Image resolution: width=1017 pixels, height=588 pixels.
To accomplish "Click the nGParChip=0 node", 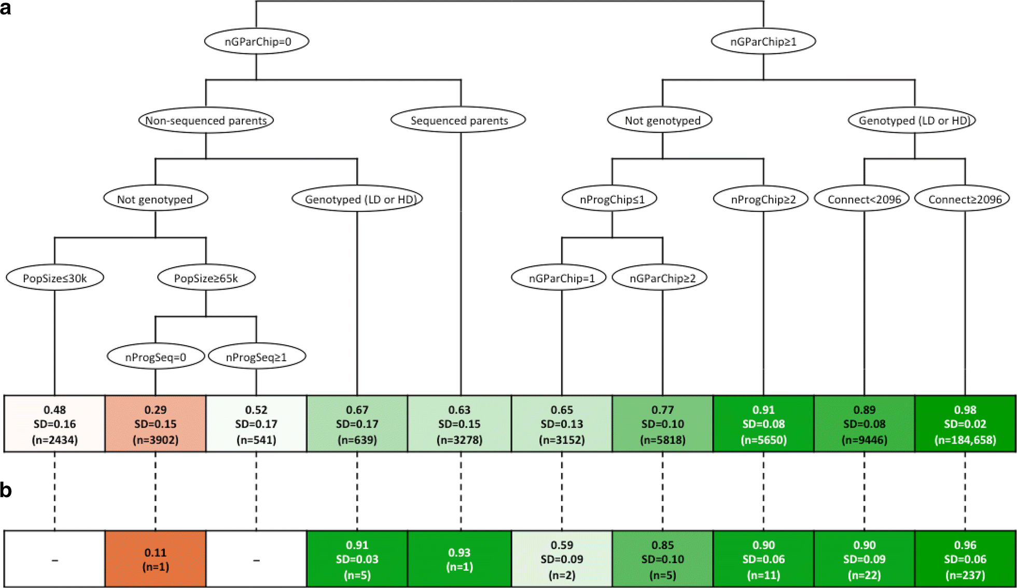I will pyautogui.click(x=257, y=42).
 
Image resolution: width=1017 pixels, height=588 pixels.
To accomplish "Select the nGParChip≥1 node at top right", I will pyautogui.click(x=763, y=42).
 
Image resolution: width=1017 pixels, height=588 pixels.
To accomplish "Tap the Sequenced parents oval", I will pyautogui.click(x=458, y=120).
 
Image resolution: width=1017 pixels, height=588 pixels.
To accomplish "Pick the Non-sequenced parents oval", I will pyautogui.click(x=206, y=120).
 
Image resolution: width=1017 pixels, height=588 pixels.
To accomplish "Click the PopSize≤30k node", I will pyautogui.click(x=54, y=278).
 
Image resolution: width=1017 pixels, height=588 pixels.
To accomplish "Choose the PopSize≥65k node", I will pyautogui.click(x=206, y=278).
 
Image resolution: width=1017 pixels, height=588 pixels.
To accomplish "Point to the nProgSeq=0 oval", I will pyautogui.click(x=155, y=357).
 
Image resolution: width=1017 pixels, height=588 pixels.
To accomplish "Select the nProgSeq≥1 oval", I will pyautogui.click(x=256, y=357).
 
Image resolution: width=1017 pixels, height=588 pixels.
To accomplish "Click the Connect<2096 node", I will pyautogui.click(x=863, y=199).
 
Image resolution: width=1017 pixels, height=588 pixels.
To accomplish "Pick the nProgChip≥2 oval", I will pyautogui.click(x=762, y=199).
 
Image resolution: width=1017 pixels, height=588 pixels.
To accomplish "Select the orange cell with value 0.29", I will pyautogui.click(x=155, y=424).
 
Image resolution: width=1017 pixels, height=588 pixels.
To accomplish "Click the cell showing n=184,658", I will pyautogui.click(x=965, y=424).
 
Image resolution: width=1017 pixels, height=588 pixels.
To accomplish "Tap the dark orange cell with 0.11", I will pyautogui.click(x=155, y=559).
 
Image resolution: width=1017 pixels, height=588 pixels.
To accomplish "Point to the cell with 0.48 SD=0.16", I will pyautogui.click(x=54, y=424).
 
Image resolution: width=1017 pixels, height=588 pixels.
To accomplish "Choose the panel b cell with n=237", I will pyautogui.click(x=965, y=559).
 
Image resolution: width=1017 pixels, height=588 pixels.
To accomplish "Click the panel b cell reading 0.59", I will pyautogui.click(x=561, y=559).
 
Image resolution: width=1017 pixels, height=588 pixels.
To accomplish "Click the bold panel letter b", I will pyautogui.click(x=6, y=490).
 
